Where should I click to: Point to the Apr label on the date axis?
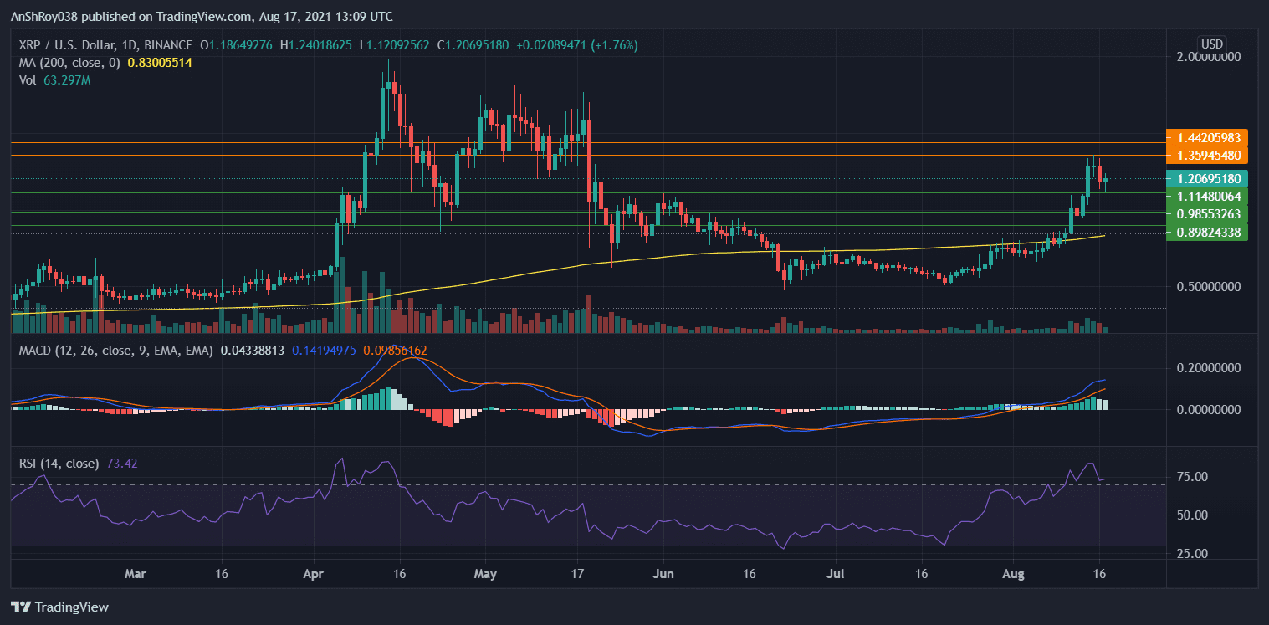[314, 575]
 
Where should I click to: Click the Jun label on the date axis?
[663, 575]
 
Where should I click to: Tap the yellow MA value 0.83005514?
[160, 62]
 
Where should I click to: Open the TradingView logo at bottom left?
[59, 607]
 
